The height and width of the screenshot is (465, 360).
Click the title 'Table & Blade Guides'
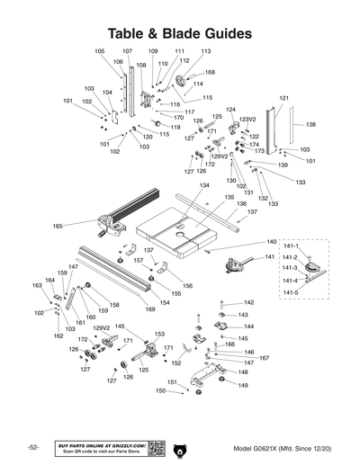click(x=179, y=32)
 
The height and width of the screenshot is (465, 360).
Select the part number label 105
click(x=99, y=51)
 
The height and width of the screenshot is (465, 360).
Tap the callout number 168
click(x=210, y=72)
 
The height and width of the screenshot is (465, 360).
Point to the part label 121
click(x=283, y=97)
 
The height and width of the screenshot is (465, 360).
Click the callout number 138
click(x=310, y=124)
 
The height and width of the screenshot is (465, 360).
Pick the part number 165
click(x=58, y=226)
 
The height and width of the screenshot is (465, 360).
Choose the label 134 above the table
click(x=204, y=185)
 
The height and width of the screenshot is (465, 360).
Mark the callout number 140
click(x=271, y=242)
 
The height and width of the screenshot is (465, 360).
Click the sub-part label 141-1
click(x=289, y=245)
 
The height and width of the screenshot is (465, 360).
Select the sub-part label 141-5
click(x=289, y=292)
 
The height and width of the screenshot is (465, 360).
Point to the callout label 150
click(x=160, y=391)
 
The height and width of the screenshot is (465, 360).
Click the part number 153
click(x=159, y=334)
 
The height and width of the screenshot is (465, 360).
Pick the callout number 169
click(x=150, y=309)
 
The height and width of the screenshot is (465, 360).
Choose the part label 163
click(x=37, y=285)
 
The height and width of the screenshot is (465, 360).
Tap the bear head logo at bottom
click(x=180, y=448)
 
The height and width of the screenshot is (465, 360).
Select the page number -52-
click(x=32, y=448)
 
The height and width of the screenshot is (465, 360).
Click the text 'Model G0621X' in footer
click(x=256, y=448)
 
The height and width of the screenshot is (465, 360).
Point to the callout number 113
click(x=205, y=51)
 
